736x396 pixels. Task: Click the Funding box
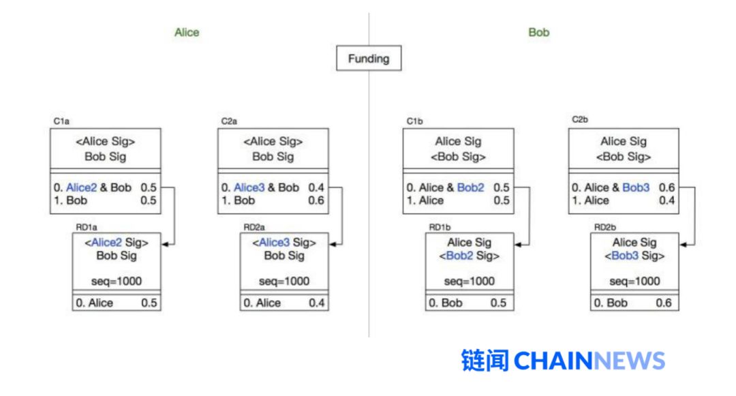(x=369, y=58)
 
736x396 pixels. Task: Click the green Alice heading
(x=187, y=32)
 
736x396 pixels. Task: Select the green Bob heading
(x=538, y=32)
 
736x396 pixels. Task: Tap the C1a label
(x=61, y=121)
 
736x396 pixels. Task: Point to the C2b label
(x=580, y=120)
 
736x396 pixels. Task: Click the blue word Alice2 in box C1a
(x=81, y=187)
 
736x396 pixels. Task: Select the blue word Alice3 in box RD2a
(x=274, y=243)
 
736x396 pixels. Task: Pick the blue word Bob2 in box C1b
(x=470, y=187)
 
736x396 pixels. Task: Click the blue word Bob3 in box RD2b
(x=625, y=256)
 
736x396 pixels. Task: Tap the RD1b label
(x=440, y=227)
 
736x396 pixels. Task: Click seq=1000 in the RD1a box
(x=117, y=281)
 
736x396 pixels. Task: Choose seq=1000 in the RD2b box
(x=634, y=281)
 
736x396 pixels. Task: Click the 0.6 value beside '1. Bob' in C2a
(x=316, y=200)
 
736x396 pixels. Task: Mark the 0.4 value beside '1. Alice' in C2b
(x=666, y=200)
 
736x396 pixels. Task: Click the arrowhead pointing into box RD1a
(x=165, y=245)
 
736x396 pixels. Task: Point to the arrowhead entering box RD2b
(x=684, y=245)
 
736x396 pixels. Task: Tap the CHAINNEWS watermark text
(x=589, y=361)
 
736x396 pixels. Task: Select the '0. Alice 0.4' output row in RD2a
(x=284, y=303)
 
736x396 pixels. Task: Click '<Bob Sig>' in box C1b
(x=458, y=157)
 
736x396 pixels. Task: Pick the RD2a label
(x=254, y=227)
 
